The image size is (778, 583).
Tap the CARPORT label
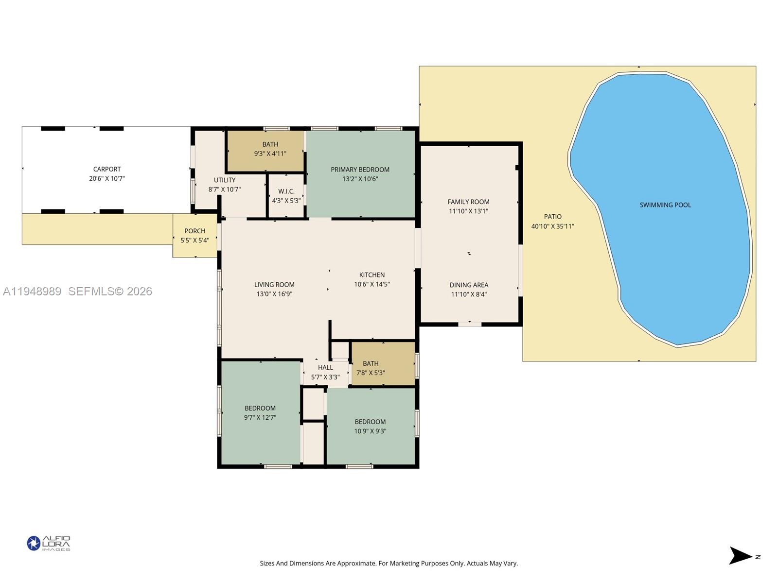(x=107, y=170)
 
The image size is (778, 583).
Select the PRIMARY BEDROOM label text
(x=360, y=170)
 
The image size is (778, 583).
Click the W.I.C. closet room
(x=286, y=195)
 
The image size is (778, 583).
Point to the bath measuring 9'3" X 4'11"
(x=270, y=149)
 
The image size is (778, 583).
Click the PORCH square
(x=195, y=235)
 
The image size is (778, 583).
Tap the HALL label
(x=325, y=367)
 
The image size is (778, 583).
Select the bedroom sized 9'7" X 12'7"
(x=260, y=413)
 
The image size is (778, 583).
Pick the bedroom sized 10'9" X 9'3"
(x=370, y=426)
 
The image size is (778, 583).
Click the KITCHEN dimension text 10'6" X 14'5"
(x=372, y=284)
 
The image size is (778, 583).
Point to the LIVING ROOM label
(x=274, y=285)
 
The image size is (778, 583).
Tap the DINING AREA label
(x=469, y=285)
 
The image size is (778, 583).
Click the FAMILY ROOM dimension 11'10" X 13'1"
(x=469, y=211)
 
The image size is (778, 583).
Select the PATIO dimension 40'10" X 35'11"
(x=552, y=226)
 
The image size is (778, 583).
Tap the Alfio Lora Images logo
(x=49, y=543)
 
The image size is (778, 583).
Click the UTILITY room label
(x=225, y=180)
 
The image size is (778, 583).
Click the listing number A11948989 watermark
(x=32, y=291)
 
